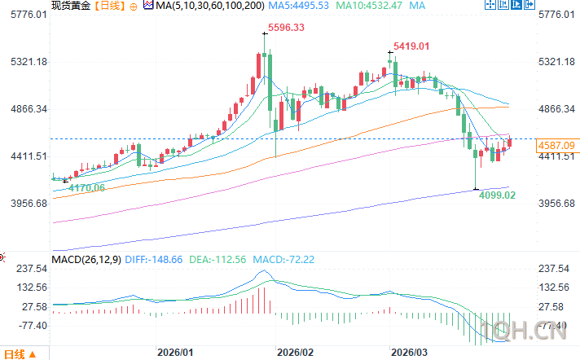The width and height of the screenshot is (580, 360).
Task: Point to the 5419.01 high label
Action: pos(412,46)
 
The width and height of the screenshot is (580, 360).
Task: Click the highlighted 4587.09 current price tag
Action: pos(557,145)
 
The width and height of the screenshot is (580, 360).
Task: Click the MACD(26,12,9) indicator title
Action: pos(87,259)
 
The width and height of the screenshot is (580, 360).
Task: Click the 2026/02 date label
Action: pos(295,352)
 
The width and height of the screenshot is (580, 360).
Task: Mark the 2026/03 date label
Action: pos(410,352)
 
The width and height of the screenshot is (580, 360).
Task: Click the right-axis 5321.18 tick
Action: pos(557,62)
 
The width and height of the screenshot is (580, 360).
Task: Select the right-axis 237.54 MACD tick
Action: pos(554,268)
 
